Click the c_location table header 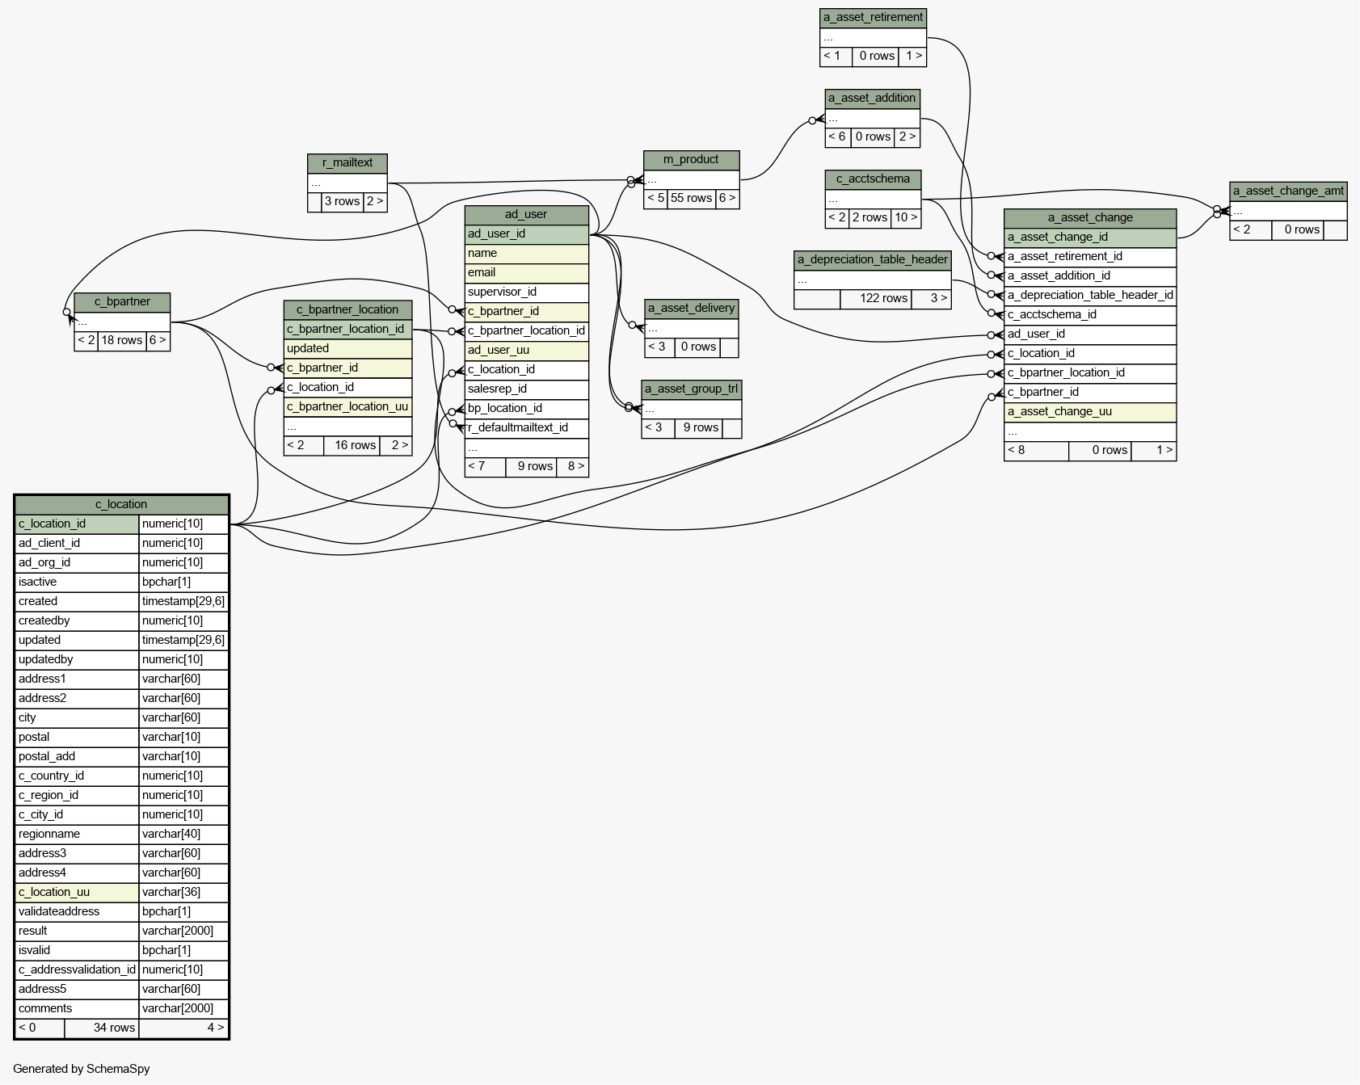(x=121, y=504)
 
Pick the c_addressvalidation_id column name (x=77, y=969)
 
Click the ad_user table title (x=526, y=215)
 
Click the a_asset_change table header (x=1090, y=218)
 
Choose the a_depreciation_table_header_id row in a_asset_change (x=1090, y=296)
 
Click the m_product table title (x=691, y=160)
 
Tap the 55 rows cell (x=691, y=199)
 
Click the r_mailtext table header (x=347, y=163)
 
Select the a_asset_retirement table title (x=873, y=18)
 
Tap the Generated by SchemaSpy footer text (x=82, y=1069)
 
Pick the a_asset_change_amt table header (x=1288, y=191)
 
